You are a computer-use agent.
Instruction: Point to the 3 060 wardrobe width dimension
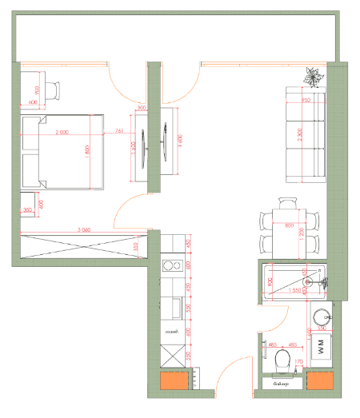pos(79,229)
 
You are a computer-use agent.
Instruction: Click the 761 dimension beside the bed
pos(119,131)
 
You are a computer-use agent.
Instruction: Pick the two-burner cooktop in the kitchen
pos(170,267)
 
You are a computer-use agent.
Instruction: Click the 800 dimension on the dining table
pos(289,225)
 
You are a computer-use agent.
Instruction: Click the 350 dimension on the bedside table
pos(28,210)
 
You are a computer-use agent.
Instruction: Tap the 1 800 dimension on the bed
pos(88,152)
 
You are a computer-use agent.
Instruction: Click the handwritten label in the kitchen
pos(170,330)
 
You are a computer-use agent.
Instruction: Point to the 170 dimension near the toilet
pos(298,362)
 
